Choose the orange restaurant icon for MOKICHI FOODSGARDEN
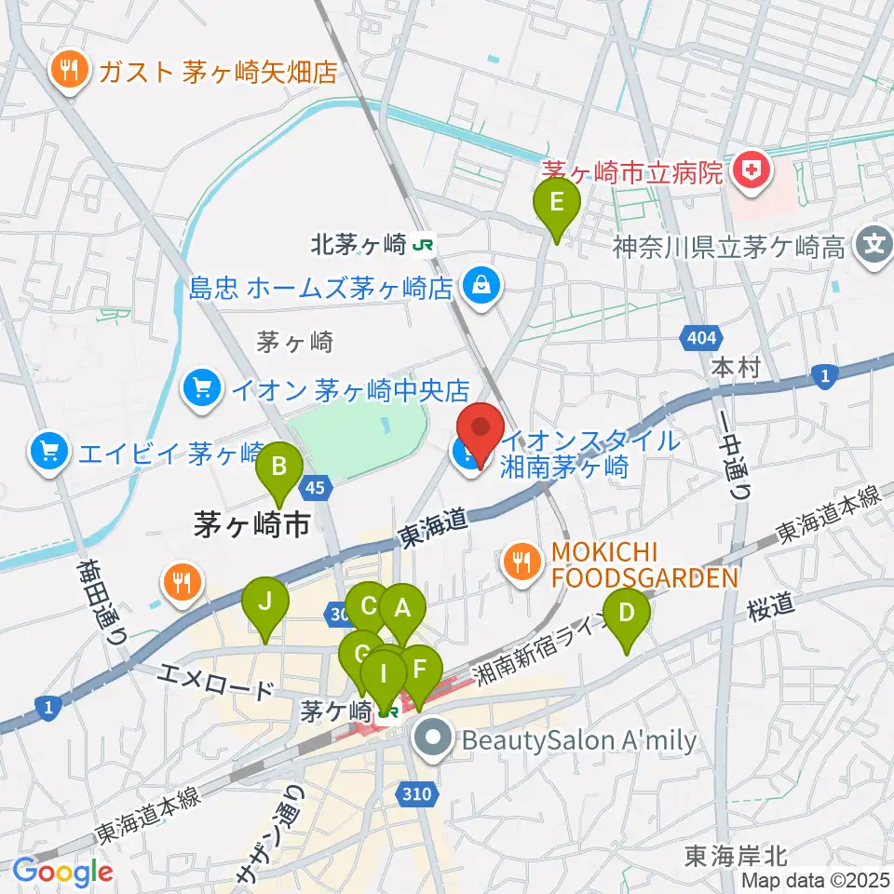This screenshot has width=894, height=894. point(520,561)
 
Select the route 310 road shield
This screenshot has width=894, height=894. point(419,793)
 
